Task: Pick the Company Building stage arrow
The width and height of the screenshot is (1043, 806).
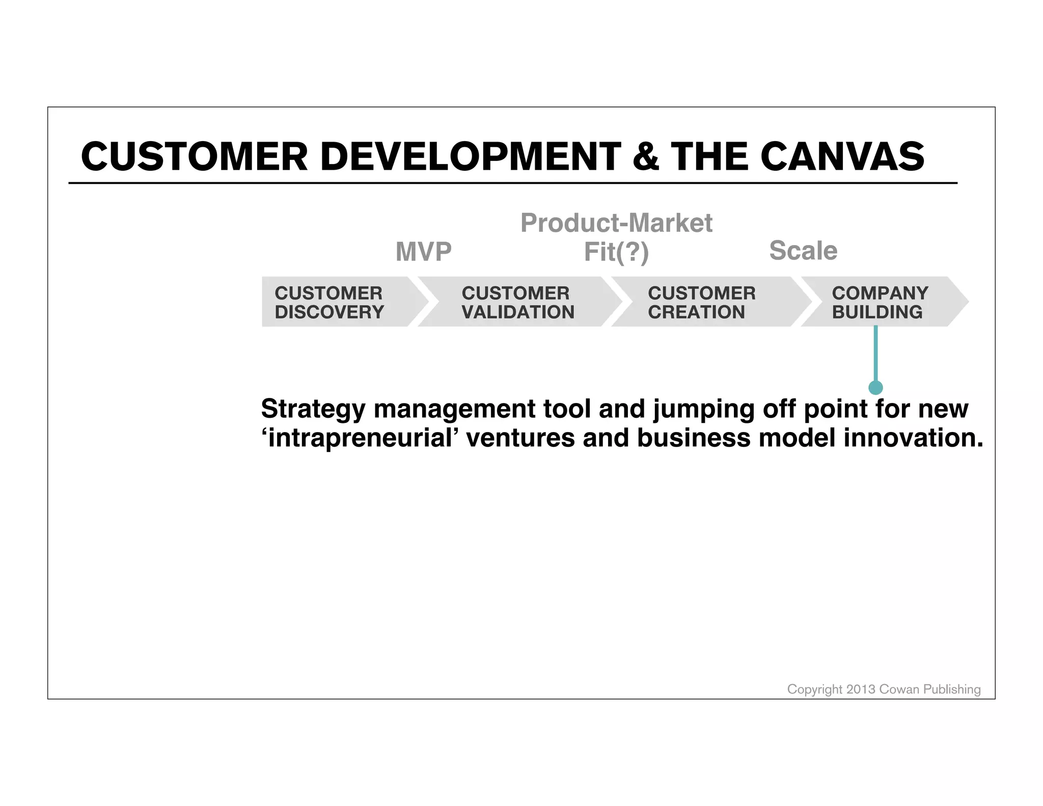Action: point(881,302)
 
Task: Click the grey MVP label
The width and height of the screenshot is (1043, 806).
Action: point(423,252)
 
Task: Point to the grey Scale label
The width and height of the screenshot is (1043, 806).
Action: point(803,251)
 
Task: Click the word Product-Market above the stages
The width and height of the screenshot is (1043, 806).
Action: point(616,223)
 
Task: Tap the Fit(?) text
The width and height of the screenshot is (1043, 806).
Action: point(616,252)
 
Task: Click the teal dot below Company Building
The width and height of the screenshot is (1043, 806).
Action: point(875,388)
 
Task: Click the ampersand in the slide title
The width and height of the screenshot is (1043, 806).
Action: point(645,156)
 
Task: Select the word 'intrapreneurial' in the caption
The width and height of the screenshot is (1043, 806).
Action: point(357,438)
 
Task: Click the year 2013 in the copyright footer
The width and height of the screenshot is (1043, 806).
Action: point(860,689)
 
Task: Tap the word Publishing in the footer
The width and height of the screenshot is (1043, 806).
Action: point(952,689)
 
